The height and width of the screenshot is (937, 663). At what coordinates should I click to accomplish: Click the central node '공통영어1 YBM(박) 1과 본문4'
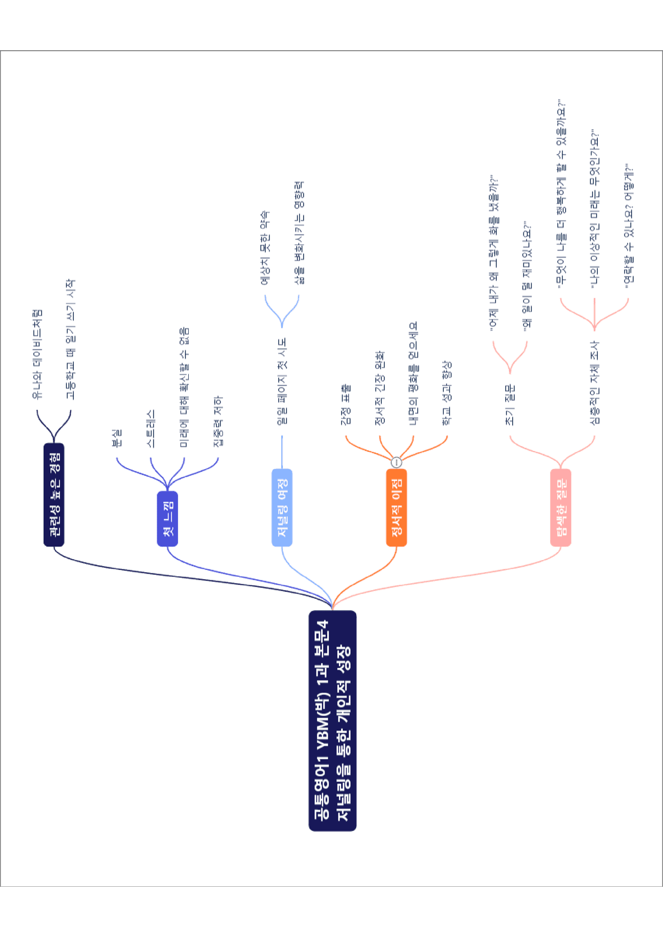tap(333, 721)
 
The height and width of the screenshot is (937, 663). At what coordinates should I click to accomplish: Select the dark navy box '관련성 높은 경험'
tap(54, 495)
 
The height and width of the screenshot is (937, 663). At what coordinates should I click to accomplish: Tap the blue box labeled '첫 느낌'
tap(167, 519)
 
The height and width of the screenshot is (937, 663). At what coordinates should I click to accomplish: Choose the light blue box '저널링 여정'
tap(282, 507)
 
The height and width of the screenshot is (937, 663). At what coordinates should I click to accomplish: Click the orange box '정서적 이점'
tap(396, 507)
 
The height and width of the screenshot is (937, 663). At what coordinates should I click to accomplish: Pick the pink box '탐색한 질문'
tap(561, 507)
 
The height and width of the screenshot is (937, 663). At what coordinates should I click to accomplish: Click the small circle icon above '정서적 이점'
tap(396, 462)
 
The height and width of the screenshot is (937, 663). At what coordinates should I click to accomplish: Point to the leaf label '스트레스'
tap(151, 428)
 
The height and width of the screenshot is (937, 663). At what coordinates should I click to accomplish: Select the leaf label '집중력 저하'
tap(218, 421)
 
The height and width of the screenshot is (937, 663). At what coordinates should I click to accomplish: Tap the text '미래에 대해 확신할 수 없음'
tap(184, 387)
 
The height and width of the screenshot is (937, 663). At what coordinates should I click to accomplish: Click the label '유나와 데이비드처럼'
tap(37, 354)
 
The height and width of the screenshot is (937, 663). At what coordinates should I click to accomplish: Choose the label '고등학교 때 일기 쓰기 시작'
tap(71, 339)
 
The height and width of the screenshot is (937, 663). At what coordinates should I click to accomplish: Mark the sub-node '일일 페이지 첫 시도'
tap(282, 381)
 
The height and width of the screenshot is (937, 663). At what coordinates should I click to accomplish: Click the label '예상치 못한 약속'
tap(265, 247)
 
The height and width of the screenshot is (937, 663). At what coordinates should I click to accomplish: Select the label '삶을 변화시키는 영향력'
tap(299, 233)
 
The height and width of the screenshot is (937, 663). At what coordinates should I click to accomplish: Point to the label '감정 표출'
tap(346, 404)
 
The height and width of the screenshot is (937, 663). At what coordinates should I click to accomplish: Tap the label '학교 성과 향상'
tap(447, 393)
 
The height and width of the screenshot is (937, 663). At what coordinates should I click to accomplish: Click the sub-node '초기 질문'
tap(510, 404)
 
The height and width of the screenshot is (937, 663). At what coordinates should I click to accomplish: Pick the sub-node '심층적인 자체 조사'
tap(595, 383)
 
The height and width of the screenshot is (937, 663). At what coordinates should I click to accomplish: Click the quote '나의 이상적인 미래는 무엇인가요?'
tap(595, 208)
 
